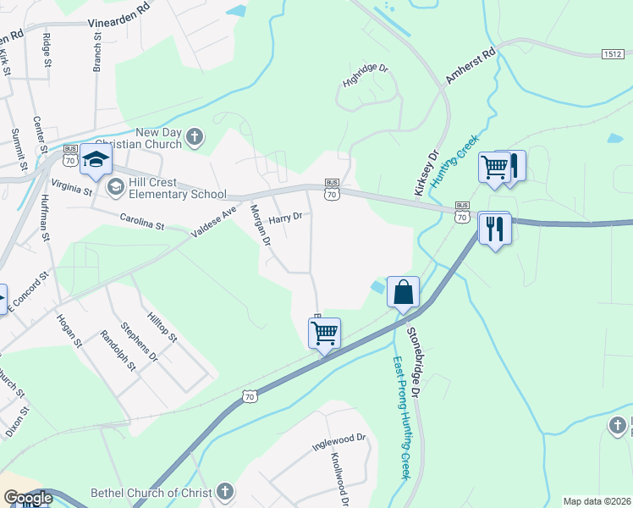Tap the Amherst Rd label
(x=470, y=67)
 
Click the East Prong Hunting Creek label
(x=402, y=417)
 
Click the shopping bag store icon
(x=404, y=292)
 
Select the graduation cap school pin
(x=96, y=161)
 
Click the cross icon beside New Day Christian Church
(x=195, y=137)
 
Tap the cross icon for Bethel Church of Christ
(x=224, y=491)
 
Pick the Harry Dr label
(x=285, y=218)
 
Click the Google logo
(x=28, y=498)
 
